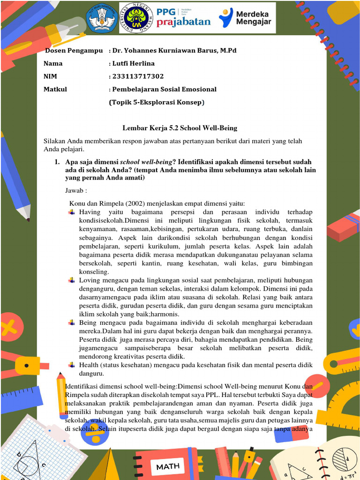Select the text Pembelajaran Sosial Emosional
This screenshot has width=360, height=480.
pyautogui.click(x=164, y=89)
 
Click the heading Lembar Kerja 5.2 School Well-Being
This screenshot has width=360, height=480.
pyautogui.click(x=180, y=127)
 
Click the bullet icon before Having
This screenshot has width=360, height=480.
pyautogui.click(x=72, y=212)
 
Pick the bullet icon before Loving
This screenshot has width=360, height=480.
pyautogui.click(x=72, y=280)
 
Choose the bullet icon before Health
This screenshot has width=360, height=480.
pyautogui.click(x=72, y=365)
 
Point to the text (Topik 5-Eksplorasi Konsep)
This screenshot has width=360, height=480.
pyautogui.click(x=157, y=102)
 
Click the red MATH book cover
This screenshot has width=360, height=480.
pyautogui.click(x=167, y=466)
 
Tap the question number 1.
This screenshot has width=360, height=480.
pyautogui.click(x=57, y=162)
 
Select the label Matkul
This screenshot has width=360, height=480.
pyautogui.click(x=55, y=89)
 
